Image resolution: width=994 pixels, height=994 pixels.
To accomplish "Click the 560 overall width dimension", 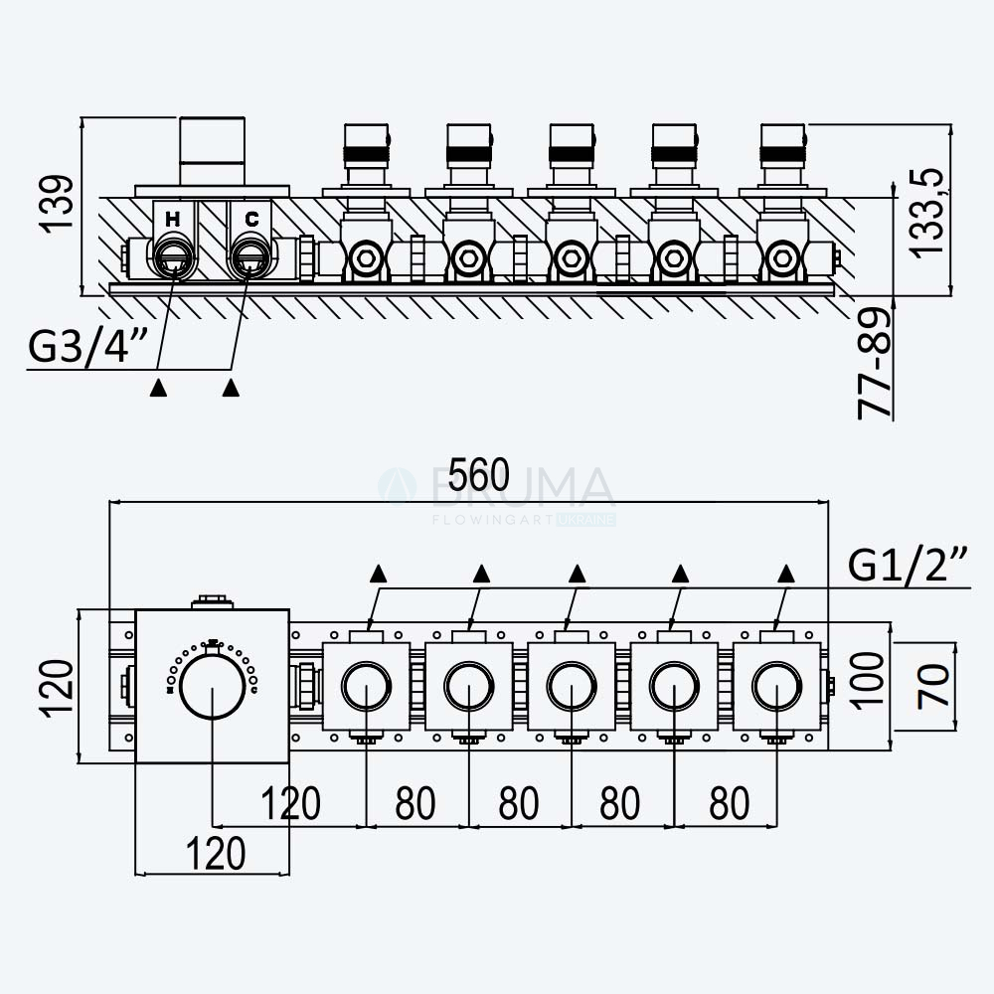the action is tap(479, 474).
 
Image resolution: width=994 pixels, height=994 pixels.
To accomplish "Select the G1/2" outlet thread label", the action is tap(909, 565).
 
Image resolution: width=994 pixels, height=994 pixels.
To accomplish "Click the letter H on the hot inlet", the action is tap(172, 220).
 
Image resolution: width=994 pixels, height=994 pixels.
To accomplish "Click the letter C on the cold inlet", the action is tap(251, 220).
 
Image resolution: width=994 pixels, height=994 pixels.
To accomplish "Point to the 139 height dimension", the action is tap(57, 205).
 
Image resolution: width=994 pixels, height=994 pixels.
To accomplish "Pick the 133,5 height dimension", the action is tap(926, 213).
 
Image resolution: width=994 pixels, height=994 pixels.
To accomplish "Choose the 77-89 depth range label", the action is tap(874, 363).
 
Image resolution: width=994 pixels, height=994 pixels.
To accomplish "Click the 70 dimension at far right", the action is tap(933, 685).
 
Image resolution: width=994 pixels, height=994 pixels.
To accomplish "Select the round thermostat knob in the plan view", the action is tap(213, 687).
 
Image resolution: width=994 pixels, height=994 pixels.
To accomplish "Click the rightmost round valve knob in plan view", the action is tap(777, 687).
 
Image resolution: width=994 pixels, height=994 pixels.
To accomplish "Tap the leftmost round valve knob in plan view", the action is tap(367, 687).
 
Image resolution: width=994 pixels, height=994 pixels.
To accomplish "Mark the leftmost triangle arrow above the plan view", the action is tap(379, 574).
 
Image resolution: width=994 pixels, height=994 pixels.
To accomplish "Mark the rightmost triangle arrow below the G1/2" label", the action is tap(786, 574).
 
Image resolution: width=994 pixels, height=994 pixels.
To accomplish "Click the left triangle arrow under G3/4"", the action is tap(158, 388).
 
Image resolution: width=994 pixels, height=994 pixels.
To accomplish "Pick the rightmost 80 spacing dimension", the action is tap(729, 803).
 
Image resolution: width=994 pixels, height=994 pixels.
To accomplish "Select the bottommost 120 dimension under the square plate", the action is tap(216, 853).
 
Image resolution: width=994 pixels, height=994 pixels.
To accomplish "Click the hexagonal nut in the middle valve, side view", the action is tap(571, 258).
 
